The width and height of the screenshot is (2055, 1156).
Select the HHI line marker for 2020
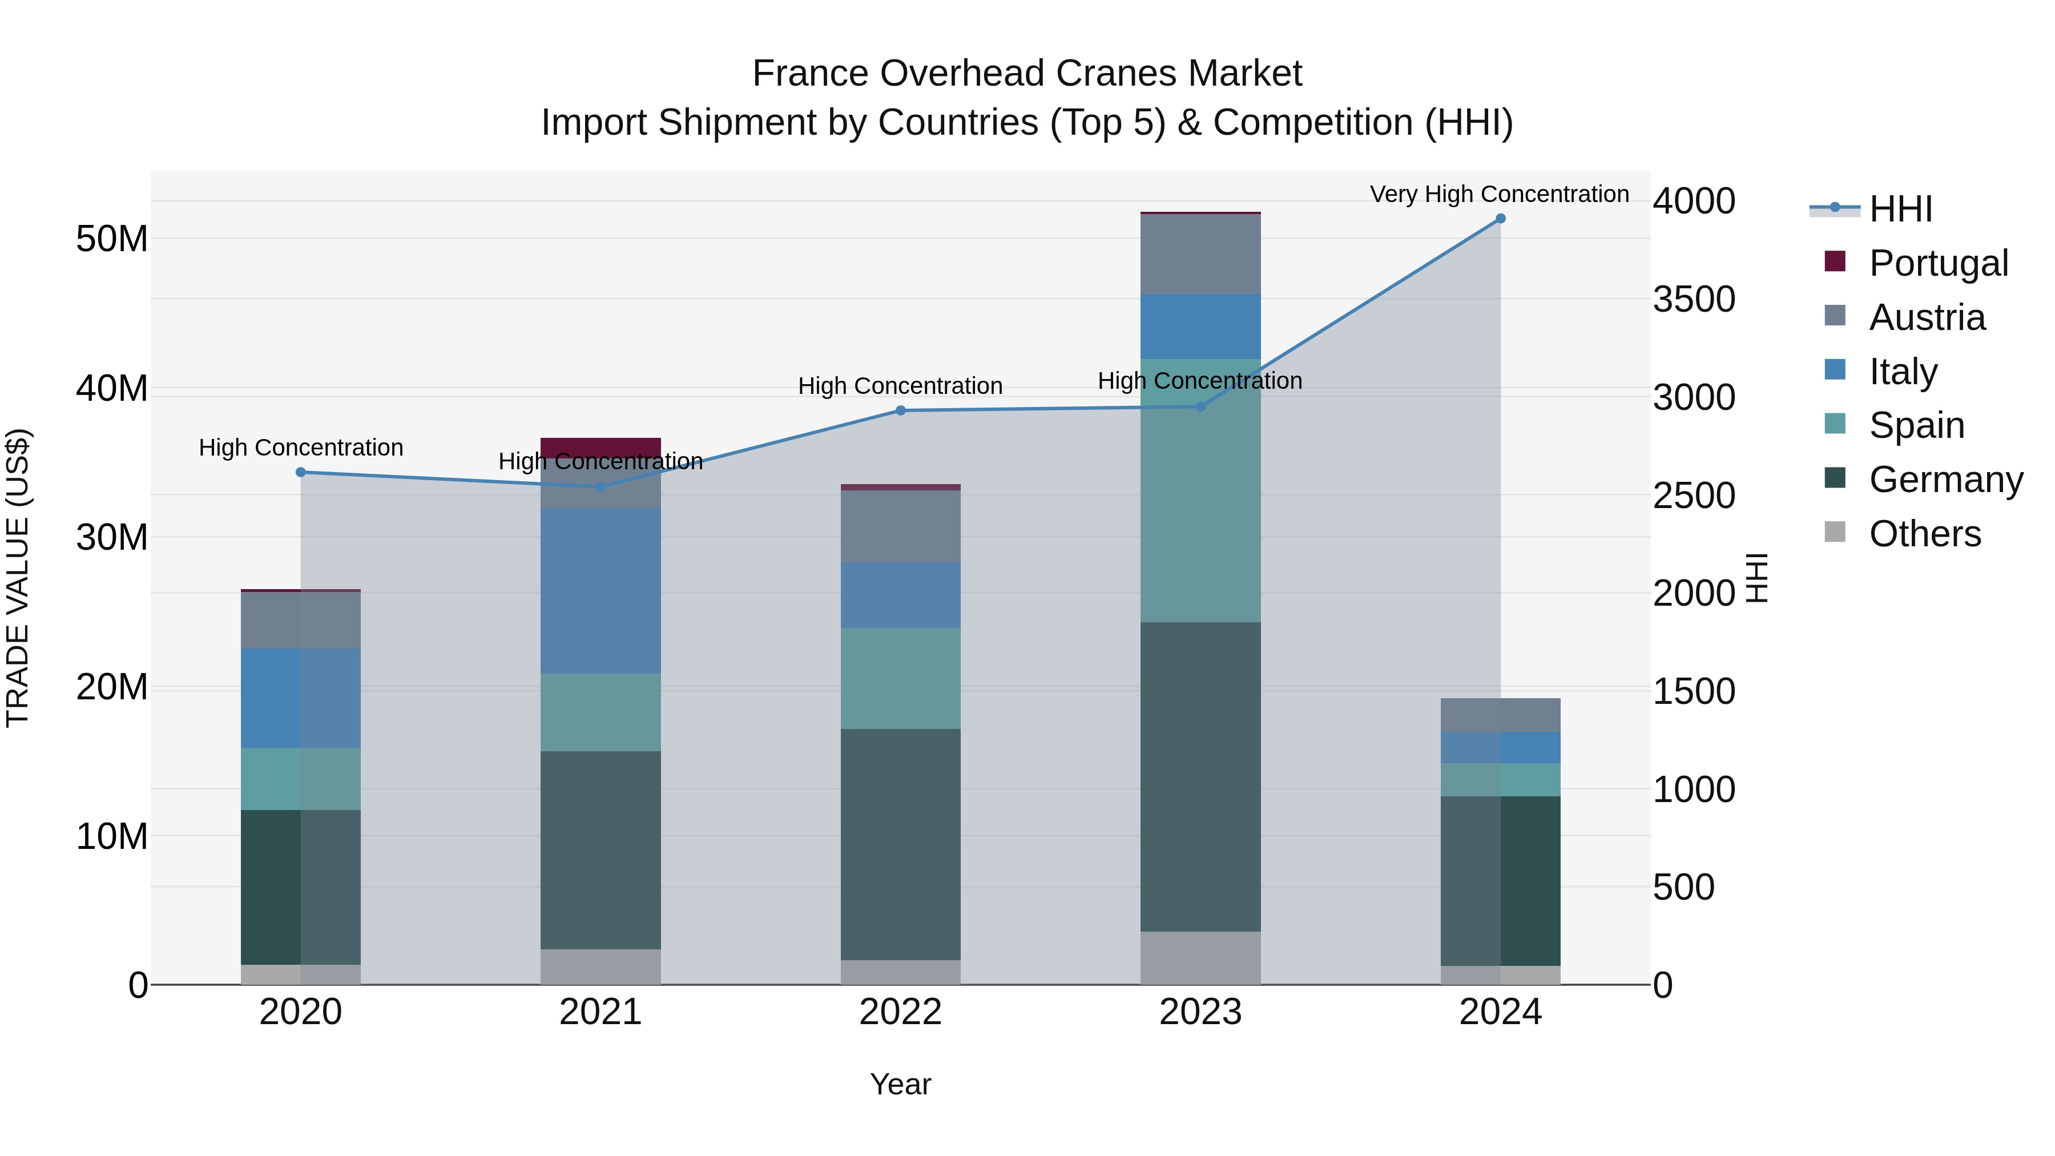pos(301,472)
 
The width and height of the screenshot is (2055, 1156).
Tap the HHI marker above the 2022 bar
pos(901,411)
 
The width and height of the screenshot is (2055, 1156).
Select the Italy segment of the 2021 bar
pos(601,590)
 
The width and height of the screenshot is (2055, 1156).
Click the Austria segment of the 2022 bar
pos(901,526)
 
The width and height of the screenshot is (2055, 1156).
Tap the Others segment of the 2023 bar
pos(1200,957)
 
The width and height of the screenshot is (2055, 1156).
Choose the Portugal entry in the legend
pos(1938,263)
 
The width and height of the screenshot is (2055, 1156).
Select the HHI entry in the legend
pos(1900,209)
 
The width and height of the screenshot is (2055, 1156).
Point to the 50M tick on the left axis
pos(112,239)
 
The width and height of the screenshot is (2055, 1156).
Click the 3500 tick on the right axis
pos(1694,300)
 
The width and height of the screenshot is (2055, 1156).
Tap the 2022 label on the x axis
pos(901,1012)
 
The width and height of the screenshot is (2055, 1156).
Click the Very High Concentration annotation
pos(1499,195)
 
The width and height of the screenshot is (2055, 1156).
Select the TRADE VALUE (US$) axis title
pos(18,578)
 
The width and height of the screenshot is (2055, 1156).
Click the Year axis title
pos(901,1084)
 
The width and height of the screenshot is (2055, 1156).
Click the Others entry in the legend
pos(1924,534)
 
